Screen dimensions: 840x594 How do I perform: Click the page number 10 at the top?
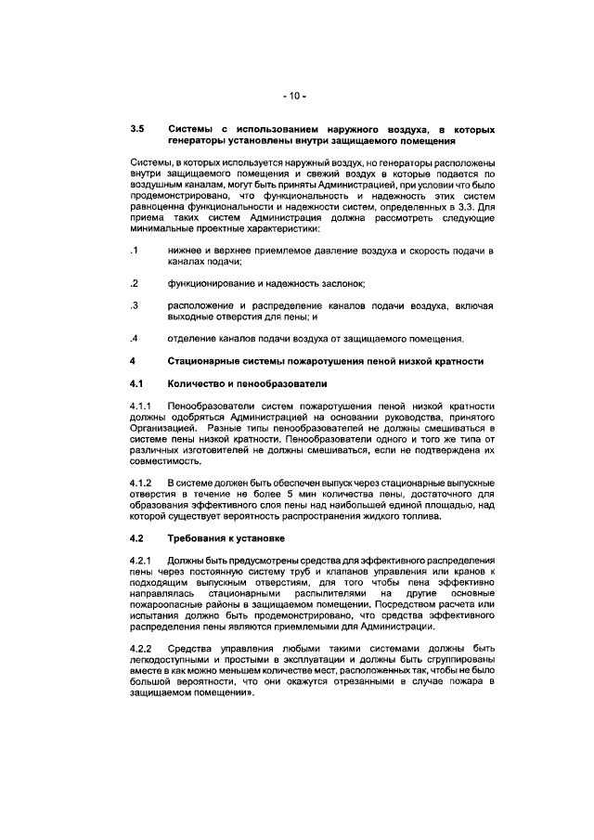[x=296, y=96]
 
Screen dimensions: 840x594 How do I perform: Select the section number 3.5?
[x=137, y=129]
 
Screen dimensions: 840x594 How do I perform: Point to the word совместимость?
[x=163, y=461]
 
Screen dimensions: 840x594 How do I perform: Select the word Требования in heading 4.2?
[x=197, y=539]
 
